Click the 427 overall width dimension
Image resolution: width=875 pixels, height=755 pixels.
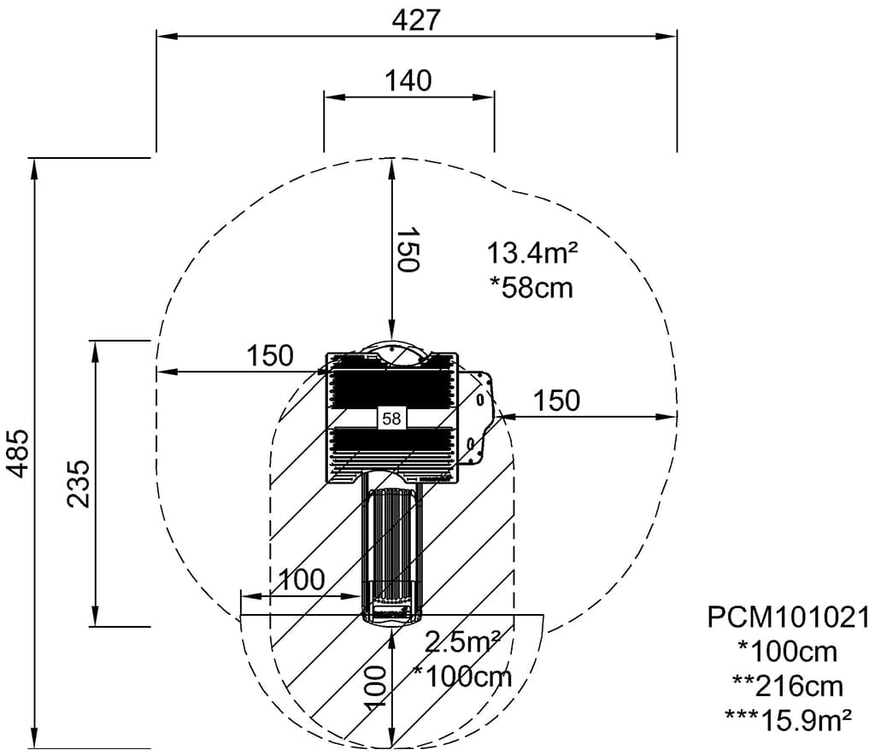tap(416, 21)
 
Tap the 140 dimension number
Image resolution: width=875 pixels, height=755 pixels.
tap(408, 81)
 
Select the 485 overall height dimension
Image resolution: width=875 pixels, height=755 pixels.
tap(21, 454)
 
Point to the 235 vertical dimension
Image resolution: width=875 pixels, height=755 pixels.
tap(79, 483)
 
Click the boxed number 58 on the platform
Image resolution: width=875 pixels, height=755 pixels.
tap(391, 418)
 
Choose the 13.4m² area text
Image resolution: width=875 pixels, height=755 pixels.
tap(532, 253)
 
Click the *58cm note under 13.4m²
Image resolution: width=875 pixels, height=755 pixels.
tap(531, 289)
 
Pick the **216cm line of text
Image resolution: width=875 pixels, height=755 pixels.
tap(787, 687)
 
